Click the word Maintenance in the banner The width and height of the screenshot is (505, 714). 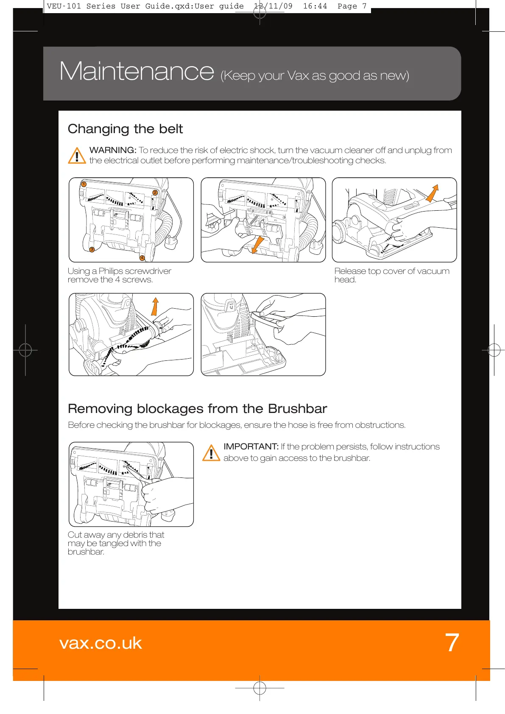(137, 71)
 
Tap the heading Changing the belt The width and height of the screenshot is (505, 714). (125, 129)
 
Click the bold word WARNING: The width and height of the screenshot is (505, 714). (113, 151)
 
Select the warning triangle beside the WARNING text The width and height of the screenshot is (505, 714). (77, 156)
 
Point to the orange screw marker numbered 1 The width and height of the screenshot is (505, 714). (84, 184)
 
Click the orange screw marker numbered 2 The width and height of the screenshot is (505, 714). (155, 192)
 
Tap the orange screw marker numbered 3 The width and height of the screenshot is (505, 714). (92, 249)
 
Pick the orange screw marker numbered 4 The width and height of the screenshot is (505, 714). (142, 258)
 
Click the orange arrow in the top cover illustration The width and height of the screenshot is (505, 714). (432, 193)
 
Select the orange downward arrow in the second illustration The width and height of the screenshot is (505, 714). (257, 245)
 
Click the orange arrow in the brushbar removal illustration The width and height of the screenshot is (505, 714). (155, 306)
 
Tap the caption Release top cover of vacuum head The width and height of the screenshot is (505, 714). (391, 275)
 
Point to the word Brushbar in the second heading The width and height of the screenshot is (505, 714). (297, 409)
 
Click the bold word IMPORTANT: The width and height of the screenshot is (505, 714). (251, 447)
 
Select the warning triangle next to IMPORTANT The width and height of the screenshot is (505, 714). (211, 453)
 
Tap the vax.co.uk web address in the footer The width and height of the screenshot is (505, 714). (100, 643)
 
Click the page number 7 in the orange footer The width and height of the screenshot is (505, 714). (452, 643)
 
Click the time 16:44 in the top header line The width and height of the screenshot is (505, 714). (315, 6)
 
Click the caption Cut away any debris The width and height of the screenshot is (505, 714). (115, 543)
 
